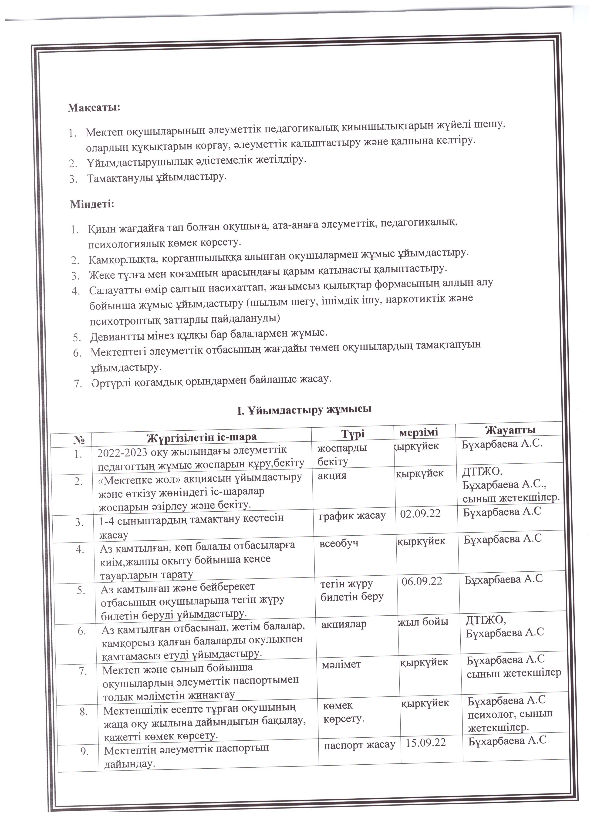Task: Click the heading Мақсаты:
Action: coord(94,108)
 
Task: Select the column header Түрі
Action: coord(353,434)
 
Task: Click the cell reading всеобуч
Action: coord(339,544)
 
